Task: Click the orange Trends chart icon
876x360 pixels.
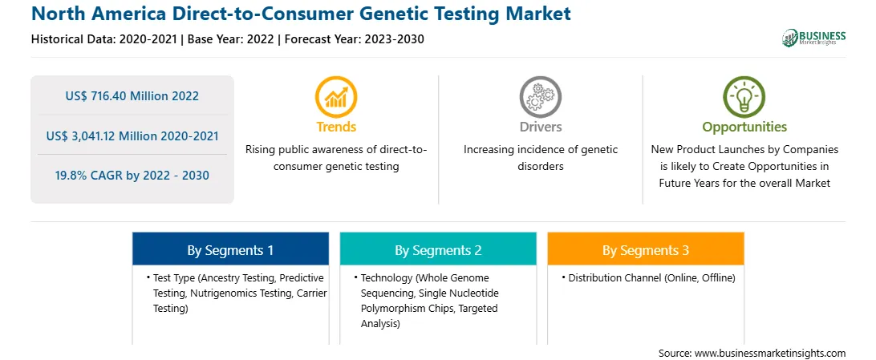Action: tap(336, 97)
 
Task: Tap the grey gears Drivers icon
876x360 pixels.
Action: tap(540, 97)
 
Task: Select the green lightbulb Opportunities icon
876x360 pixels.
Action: tap(744, 97)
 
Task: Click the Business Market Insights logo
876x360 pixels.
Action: tap(814, 38)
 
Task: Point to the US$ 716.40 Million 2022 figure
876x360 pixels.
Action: tap(132, 96)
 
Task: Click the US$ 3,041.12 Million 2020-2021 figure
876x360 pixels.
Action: tap(132, 136)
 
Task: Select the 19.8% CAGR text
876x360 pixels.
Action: tap(132, 176)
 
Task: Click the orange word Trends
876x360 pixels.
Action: tap(336, 127)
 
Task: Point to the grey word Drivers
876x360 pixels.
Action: tap(540, 127)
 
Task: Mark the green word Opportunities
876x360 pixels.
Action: tap(744, 127)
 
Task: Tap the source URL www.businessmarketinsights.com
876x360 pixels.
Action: tap(770, 353)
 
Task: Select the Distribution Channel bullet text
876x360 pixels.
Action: tap(652, 277)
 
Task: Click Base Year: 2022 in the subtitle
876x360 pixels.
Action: tap(231, 39)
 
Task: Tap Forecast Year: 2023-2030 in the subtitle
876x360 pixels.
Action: tap(355, 39)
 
